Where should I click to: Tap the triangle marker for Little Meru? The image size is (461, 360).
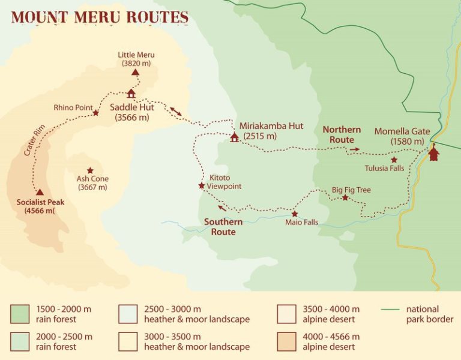tap(136, 72)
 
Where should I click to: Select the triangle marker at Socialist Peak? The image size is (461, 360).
tap(40, 192)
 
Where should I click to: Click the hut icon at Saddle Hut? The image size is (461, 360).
tap(131, 94)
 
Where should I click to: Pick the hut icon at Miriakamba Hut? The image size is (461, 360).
tap(234, 137)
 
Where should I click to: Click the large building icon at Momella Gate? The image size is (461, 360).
tap(434, 154)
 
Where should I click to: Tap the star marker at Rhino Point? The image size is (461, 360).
tap(95, 112)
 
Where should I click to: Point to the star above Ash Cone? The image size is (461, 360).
tap(90, 170)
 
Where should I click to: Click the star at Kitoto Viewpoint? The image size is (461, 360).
tap(202, 185)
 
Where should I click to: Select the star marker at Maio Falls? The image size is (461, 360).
tap(294, 214)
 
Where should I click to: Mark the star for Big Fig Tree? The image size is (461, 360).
tap(345, 197)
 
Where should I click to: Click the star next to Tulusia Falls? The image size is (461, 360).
tap(394, 160)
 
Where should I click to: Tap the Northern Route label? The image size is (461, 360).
tap(342, 135)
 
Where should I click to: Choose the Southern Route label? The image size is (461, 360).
tap(223, 226)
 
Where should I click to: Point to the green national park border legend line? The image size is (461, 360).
tap(391, 310)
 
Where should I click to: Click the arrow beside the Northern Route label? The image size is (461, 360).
tap(355, 149)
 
